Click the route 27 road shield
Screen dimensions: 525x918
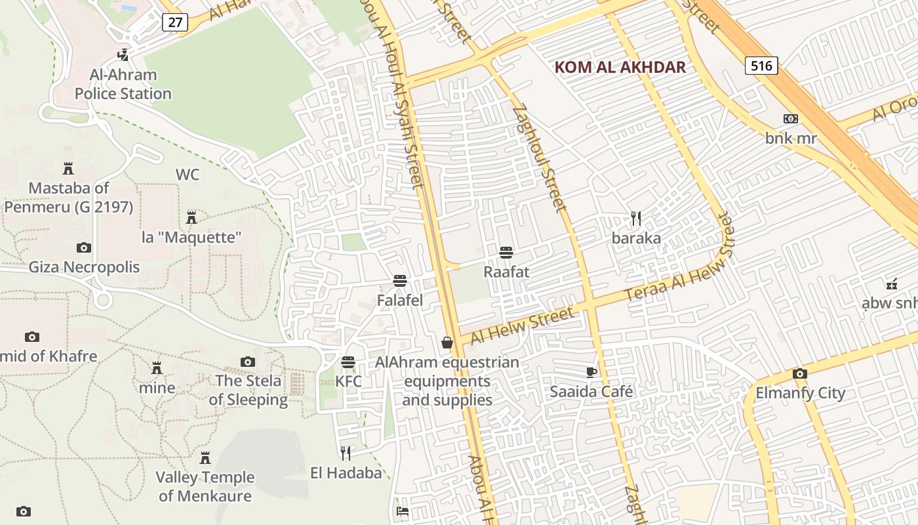click(x=175, y=22)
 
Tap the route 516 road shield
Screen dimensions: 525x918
click(x=761, y=65)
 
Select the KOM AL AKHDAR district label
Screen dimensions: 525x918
click(x=620, y=67)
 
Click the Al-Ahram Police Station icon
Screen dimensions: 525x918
click(x=123, y=54)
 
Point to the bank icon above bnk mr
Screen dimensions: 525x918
click(x=791, y=119)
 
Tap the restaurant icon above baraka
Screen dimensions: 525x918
click(x=635, y=218)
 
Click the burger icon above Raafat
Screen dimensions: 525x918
click(x=506, y=252)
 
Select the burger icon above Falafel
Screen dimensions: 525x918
click(x=400, y=281)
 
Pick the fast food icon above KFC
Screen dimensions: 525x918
click(x=348, y=362)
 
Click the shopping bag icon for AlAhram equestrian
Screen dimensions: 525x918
click(x=447, y=343)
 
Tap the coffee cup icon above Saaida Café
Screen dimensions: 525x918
click(x=591, y=372)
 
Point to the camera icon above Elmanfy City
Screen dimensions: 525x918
click(x=800, y=373)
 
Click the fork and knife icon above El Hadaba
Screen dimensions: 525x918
click(x=346, y=453)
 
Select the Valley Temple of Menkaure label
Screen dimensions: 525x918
click(x=205, y=486)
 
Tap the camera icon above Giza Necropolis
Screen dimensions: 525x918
click(x=84, y=247)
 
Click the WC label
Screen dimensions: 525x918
click(x=188, y=175)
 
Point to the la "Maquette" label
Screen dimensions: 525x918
click(x=192, y=237)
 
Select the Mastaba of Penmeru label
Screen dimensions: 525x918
click(x=68, y=198)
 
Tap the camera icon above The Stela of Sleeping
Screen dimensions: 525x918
click(x=248, y=362)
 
